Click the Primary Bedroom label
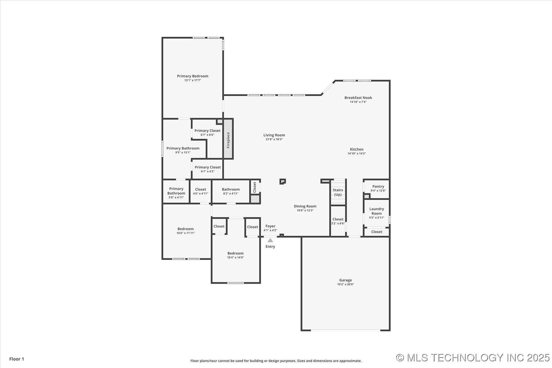click(x=193, y=76)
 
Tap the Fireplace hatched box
click(x=228, y=139)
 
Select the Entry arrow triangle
click(x=270, y=240)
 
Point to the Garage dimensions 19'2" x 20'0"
click(x=346, y=284)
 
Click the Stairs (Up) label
click(x=338, y=192)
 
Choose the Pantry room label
click(x=378, y=187)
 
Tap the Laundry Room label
click(x=377, y=211)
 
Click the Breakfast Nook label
click(x=358, y=98)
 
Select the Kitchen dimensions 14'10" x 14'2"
click(x=357, y=154)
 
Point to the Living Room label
click(x=274, y=135)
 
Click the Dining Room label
click(x=305, y=206)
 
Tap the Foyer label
click(x=270, y=226)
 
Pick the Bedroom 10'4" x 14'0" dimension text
click(x=235, y=258)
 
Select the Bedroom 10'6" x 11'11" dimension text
click(x=186, y=233)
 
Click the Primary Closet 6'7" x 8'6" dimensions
click(x=207, y=135)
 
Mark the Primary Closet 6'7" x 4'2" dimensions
click(x=208, y=172)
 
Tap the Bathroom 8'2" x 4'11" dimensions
click(x=231, y=193)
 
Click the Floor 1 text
click(x=17, y=359)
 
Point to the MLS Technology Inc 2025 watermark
click(x=473, y=358)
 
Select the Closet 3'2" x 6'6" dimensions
click(x=338, y=223)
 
